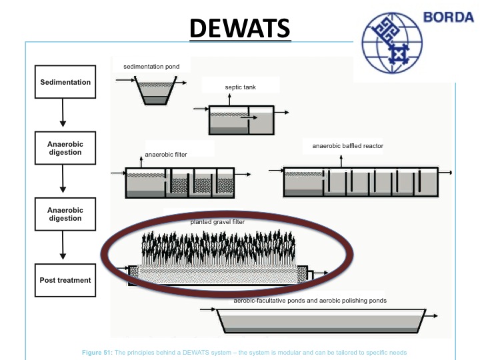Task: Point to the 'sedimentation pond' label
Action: point(151,67)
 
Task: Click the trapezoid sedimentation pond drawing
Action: point(154,92)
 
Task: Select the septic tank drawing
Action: point(241,121)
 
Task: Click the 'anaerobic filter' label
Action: point(166,155)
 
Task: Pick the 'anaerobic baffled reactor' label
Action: point(347,146)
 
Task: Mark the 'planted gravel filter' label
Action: point(217,221)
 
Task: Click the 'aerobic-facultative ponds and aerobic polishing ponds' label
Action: point(310,301)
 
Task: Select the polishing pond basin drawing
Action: point(321,321)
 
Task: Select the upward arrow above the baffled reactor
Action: point(341,161)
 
